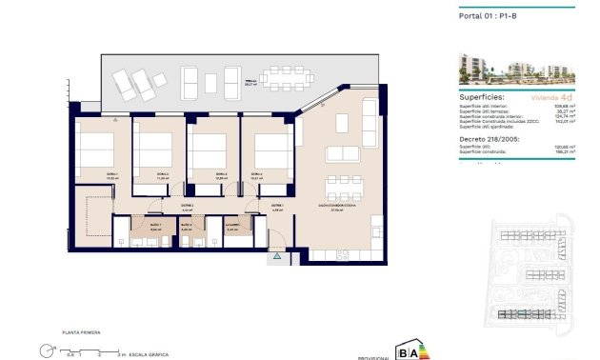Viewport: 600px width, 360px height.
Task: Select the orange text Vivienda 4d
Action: [551, 98]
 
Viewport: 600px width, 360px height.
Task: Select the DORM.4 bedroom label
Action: [256, 174]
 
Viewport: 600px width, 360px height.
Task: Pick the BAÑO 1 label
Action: [155, 226]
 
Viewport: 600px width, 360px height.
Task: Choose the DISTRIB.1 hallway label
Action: [188, 206]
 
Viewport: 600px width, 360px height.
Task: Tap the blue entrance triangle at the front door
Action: [277, 255]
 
